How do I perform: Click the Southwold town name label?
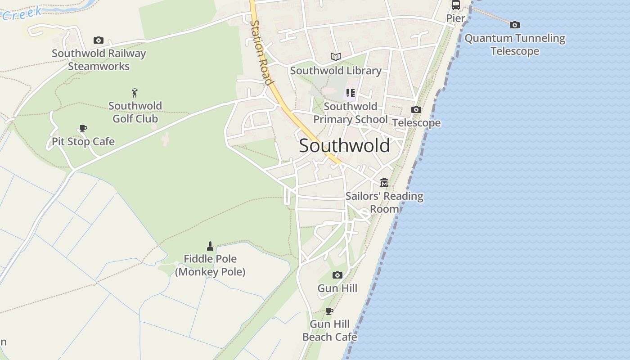click(x=344, y=146)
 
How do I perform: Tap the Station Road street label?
click(x=261, y=52)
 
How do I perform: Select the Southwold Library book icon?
click(x=336, y=57)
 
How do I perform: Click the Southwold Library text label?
click(x=336, y=71)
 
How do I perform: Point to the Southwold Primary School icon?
click(x=350, y=94)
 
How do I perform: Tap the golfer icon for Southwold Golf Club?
click(x=135, y=93)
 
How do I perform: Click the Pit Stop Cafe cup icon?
click(x=83, y=129)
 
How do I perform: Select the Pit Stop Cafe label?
click(x=83, y=142)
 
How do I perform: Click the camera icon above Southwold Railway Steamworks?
click(x=99, y=40)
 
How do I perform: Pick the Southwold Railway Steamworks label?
click(x=99, y=60)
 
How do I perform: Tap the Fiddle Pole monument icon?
click(x=210, y=246)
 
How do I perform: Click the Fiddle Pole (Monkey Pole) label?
click(x=210, y=265)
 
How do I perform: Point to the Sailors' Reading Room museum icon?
click(x=384, y=183)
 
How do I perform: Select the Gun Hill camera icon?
click(x=337, y=275)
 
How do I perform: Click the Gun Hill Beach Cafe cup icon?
click(x=329, y=311)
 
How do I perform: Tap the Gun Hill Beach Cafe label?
click(x=329, y=331)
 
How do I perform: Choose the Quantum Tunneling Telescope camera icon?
click(x=515, y=25)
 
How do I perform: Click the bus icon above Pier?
click(x=456, y=5)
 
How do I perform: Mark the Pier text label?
click(x=455, y=18)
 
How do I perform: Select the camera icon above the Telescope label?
click(x=416, y=110)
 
